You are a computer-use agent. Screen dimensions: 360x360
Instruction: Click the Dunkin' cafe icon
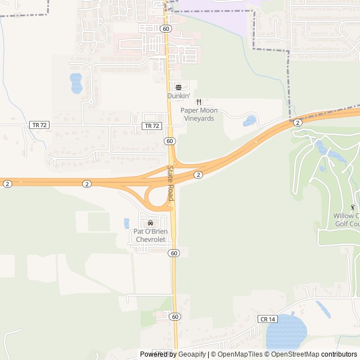coord(179,87)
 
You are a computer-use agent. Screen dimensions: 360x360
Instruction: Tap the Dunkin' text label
coord(178,96)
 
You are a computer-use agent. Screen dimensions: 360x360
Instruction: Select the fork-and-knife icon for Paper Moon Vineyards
coord(198,102)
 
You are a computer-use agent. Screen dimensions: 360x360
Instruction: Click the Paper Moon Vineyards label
coord(197,114)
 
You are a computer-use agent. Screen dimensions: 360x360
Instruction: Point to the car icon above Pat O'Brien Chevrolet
coord(150,223)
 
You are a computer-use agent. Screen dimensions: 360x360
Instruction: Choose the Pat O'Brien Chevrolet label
coord(150,235)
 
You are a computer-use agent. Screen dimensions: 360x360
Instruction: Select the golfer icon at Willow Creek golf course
coord(353,207)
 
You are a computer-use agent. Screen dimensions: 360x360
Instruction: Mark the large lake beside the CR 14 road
coord(286,331)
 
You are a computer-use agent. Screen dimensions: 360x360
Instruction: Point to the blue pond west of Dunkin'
coord(76,83)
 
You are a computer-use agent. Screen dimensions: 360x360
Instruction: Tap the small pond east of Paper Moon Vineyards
coord(250,120)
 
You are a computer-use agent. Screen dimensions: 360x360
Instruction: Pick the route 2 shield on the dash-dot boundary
coord(297,123)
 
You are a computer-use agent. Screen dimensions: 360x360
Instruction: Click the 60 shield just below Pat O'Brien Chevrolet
coord(174,253)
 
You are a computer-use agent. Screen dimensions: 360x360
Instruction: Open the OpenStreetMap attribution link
coord(296,354)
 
